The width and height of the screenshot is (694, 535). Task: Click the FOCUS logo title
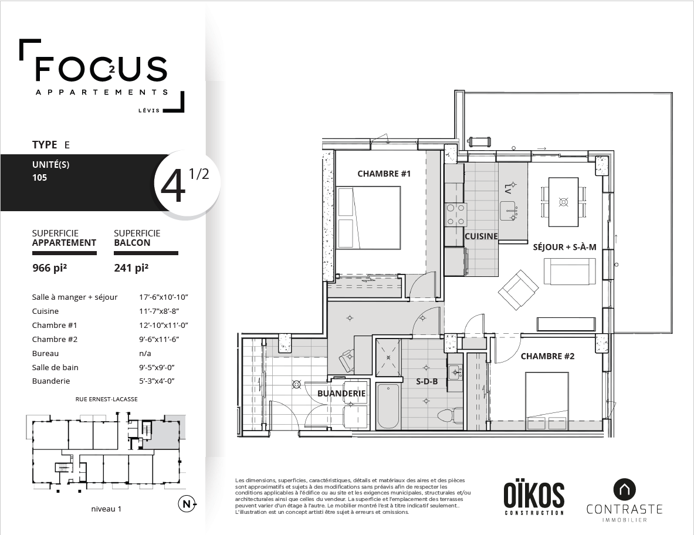coord(101,69)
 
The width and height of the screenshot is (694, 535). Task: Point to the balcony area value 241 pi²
coord(131,269)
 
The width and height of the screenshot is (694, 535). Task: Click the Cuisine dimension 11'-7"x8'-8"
coord(163,311)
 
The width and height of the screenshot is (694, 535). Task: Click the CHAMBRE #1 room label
coord(384,174)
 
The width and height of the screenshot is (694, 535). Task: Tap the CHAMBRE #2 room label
coord(547,356)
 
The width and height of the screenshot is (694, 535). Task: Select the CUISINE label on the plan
coord(481,236)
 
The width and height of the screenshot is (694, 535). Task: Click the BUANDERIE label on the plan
coord(341,393)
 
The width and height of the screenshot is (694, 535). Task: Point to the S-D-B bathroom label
coord(427,381)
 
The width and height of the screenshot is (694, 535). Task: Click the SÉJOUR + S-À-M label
coord(564,247)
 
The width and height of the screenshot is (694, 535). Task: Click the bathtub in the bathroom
coord(388,406)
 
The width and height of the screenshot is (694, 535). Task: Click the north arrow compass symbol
coord(187,504)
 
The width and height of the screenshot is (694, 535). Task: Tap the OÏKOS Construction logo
coord(534,498)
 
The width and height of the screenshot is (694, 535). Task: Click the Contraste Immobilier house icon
coord(624,489)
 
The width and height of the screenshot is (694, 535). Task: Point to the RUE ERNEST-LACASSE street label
coord(106,399)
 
